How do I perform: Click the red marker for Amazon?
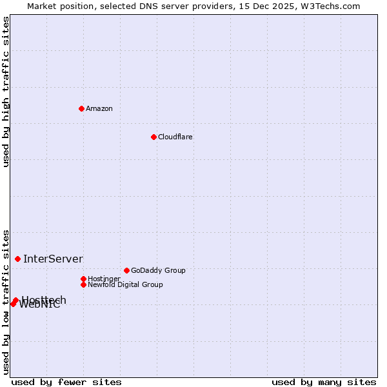[81, 108]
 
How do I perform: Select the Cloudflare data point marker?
[154, 137]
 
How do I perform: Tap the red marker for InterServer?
[18, 259]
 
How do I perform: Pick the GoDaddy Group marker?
[126, 270]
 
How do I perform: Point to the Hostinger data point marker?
[83, 279]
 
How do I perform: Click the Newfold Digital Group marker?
[83, 284]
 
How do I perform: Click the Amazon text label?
[99, 108]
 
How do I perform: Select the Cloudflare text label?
[175, 137]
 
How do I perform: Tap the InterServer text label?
[53, 259]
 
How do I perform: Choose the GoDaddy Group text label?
[158, 270]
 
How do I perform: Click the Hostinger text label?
[104, 279]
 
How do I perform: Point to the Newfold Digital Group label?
[125, 284]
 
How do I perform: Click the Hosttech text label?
[44, 299]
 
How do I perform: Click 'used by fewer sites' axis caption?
[66, 382]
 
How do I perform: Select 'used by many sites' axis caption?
[324, 382]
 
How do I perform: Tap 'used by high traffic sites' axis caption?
[6, 92]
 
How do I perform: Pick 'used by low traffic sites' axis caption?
[6, 301]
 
